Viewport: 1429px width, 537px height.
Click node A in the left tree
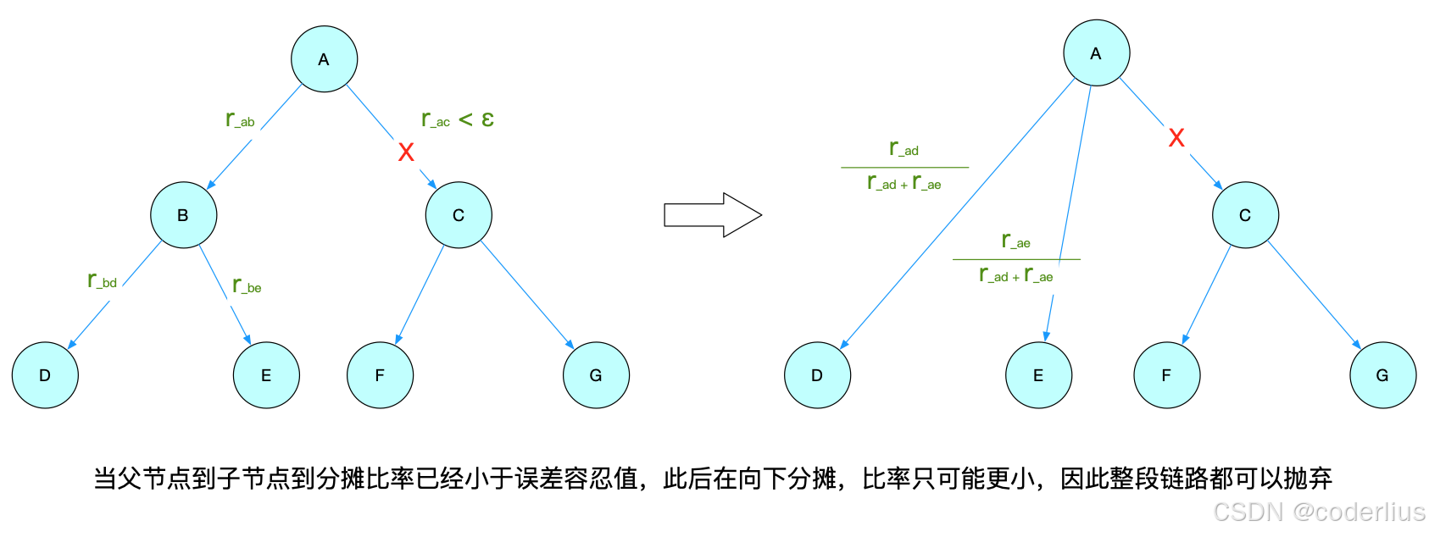click(x=324, y=59)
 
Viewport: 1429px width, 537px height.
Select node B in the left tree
click(x=183, y=215)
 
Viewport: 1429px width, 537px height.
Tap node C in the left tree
click(x=459, y=215)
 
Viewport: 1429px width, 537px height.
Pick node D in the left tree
click(x=45, y=375)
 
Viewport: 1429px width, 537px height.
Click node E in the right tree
click(x=1038, y=375)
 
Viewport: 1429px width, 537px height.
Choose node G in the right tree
click(x=1382, y=375)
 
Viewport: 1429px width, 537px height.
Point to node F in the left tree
click(x=380, y=375)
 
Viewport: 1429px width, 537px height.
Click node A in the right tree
click(x=1096, y=53)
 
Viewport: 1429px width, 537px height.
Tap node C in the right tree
click(x=1245, y=215)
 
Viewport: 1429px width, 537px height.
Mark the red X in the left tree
click(x=406, y=152)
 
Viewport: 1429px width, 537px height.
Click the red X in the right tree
click(x=1176, y=138)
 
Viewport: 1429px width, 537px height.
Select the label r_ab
click(x=240, y=119)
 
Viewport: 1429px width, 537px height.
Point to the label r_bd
click(x=103, y=280)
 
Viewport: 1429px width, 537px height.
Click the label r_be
click(x=247, y=285)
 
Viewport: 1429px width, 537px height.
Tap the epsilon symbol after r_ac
click(x=487, y=119)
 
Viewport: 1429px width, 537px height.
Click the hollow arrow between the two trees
click(x=712, y=215)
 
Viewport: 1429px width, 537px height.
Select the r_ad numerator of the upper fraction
click(x=904, y=148)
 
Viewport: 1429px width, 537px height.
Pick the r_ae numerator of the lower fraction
click(x=1015, y=241)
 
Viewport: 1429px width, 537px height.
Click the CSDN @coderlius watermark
click(x=1319, y=512)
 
